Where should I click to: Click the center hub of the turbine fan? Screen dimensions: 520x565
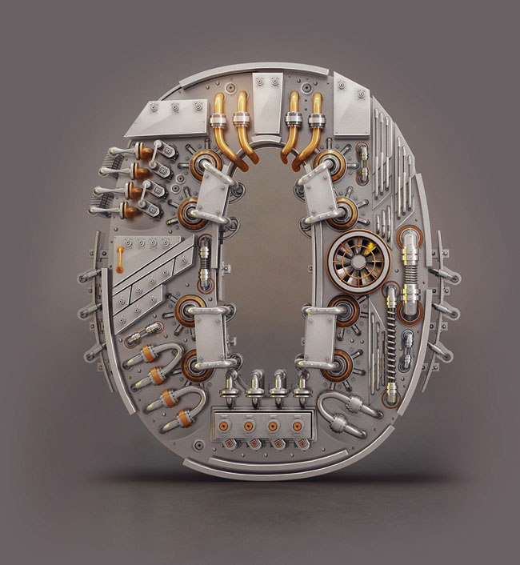pyautogui.click(x=358, y=262)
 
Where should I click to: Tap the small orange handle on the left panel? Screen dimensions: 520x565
pyautogui.click(x=119, y=258)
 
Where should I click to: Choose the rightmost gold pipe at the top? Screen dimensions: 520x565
pyautogui.click(x=310, y=126)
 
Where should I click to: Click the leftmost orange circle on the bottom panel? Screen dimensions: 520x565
pyautogui.click(x=224, y=427)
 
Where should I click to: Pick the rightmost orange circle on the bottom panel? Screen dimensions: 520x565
pyautogui.click(x=297, y=427)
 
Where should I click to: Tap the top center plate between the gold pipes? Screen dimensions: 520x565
pyautogui.click(x=267, y=105)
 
